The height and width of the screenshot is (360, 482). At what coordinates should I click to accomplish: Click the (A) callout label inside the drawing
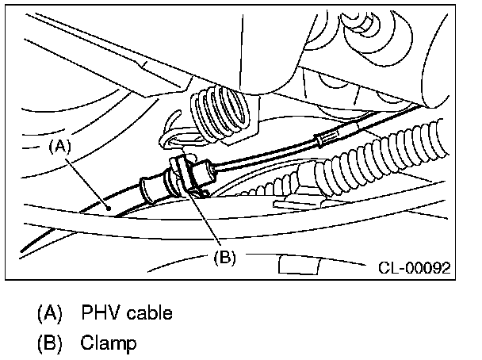(60, 146)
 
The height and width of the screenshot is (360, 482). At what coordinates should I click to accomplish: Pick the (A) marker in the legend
(50, 312)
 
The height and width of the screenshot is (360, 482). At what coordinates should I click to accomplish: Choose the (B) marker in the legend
(50, 343)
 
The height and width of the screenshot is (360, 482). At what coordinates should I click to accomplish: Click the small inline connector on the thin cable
(321, 140)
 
